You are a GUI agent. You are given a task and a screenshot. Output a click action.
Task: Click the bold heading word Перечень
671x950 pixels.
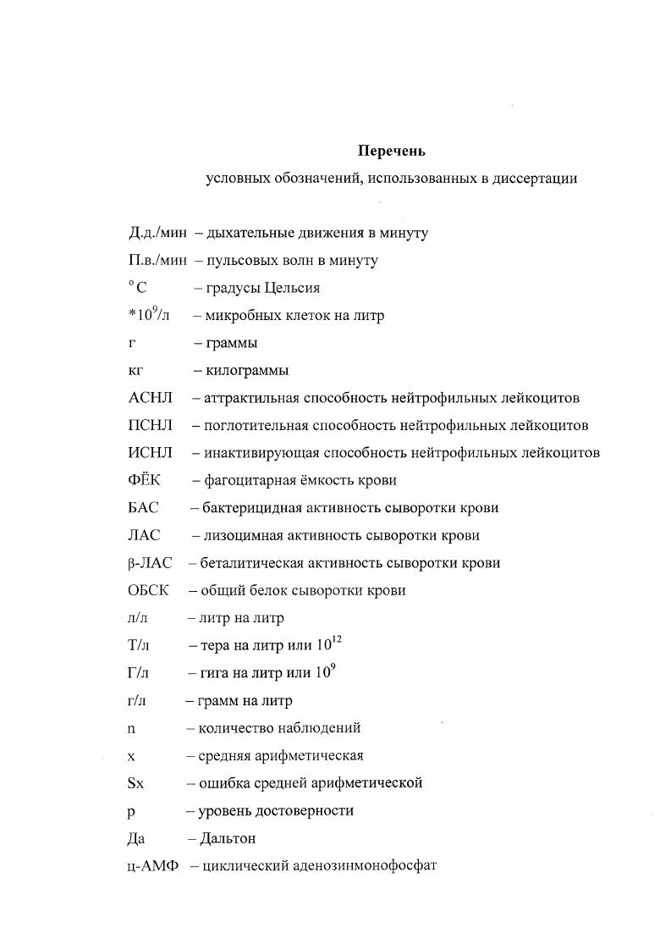391,152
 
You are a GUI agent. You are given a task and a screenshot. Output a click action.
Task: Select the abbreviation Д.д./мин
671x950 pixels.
157,233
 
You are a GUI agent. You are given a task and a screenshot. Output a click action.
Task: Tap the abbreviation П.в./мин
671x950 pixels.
157,261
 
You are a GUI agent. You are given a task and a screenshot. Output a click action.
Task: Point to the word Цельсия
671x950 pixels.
292,288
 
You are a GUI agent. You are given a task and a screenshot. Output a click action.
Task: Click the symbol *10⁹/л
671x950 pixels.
149,315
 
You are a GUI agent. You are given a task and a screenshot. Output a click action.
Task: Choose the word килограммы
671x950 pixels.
246,371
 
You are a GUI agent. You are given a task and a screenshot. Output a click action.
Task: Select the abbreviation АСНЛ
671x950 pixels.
151,398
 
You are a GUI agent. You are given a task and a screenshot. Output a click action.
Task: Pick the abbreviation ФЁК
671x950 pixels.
145,481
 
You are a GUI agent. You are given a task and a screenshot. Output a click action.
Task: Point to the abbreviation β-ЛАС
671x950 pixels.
150,563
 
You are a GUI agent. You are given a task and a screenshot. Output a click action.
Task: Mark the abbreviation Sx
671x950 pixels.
136,783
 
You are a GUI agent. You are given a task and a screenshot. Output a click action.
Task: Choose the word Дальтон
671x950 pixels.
228,839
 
